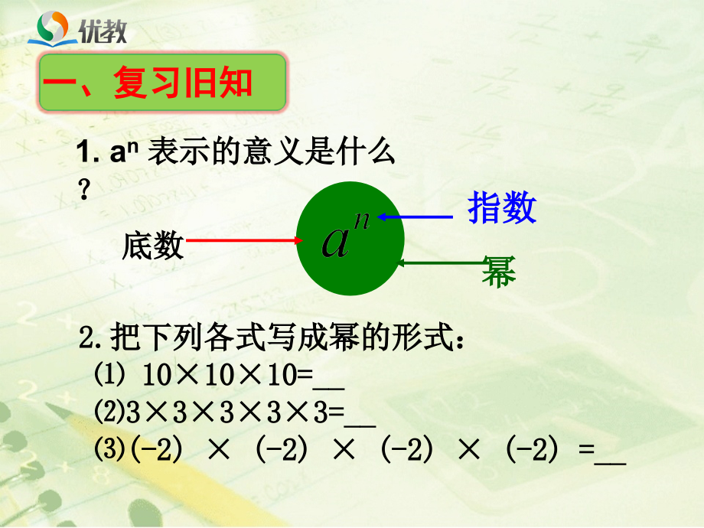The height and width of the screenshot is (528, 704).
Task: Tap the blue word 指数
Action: (502, 208)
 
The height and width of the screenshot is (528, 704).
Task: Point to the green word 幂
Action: (498, 272)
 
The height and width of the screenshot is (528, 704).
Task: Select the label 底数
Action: (152, 246)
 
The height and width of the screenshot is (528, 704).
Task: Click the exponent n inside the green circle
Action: (361, 220)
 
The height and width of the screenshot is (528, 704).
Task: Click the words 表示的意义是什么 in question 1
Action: (271, 155)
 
